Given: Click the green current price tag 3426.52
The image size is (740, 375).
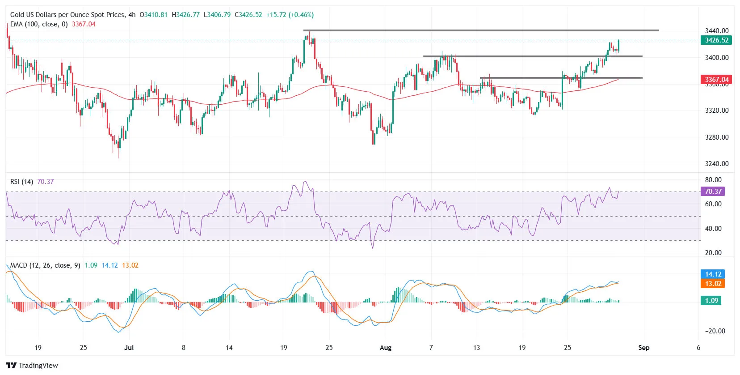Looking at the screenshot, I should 716,40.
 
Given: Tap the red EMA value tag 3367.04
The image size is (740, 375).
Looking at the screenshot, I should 716,80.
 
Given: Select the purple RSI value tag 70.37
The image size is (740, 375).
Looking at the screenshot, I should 713,192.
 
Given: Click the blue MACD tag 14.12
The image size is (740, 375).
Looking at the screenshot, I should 713,274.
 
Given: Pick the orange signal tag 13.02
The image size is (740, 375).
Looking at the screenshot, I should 713,284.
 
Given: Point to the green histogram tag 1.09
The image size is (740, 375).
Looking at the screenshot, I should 711,301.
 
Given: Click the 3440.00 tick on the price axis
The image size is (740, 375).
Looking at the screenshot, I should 716,31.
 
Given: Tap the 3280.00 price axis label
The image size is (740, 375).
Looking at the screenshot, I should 716,137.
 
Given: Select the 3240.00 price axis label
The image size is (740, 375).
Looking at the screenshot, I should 716,164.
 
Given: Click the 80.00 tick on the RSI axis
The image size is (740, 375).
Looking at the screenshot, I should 713,180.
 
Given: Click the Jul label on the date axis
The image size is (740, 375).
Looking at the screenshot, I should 129,348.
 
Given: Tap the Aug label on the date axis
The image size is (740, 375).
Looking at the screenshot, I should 385,348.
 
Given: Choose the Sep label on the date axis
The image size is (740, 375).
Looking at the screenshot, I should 643,348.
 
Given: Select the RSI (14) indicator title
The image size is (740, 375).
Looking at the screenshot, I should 21,182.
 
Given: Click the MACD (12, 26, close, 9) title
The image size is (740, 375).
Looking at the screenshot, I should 45,265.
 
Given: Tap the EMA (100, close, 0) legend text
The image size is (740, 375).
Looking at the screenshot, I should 39,24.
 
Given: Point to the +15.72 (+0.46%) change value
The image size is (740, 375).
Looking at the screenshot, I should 290,15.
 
